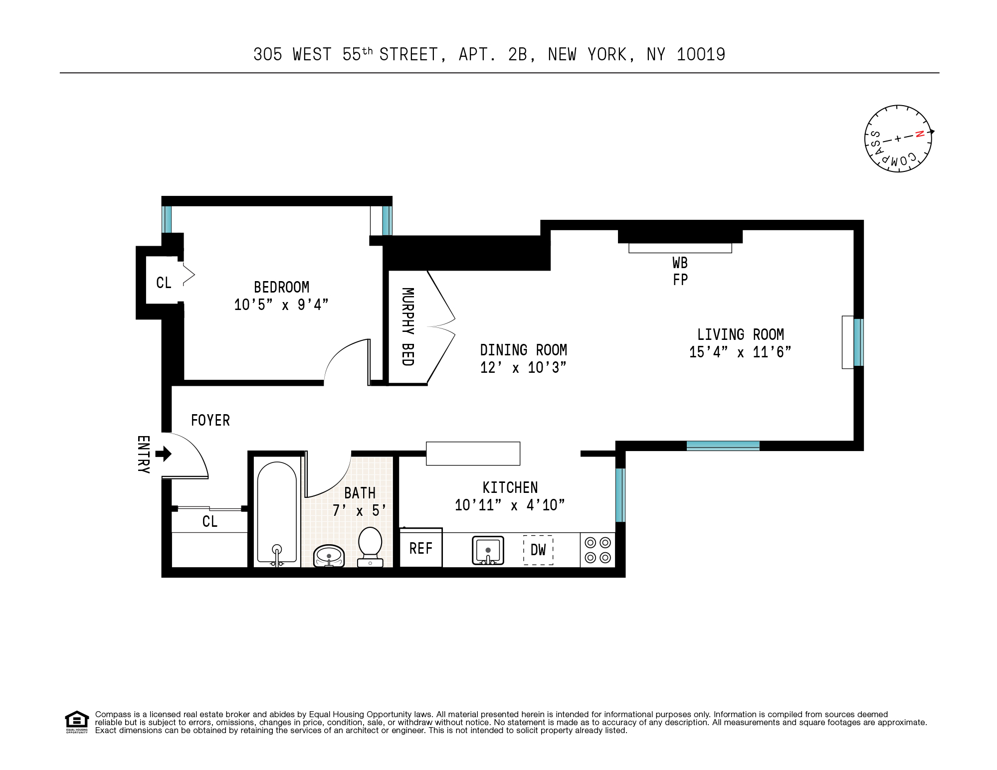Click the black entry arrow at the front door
point(164,454)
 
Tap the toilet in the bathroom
point(370,546)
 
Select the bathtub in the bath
point(277,513)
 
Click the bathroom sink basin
point(329,555)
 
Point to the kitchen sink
point(488,550)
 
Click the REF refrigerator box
point(421,548)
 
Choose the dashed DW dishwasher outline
point(538,550)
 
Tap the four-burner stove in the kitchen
point(598,550)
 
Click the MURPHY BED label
point(408,326)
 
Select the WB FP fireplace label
point(680,271)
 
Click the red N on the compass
point(920,134)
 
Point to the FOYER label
point(210,421)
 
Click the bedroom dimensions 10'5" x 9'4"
point(281,305)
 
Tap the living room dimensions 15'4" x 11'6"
point(740,352)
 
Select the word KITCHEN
point(510,487)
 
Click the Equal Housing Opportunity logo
point(77,722)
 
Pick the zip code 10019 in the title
point(701,54)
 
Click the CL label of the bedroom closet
point(164,283)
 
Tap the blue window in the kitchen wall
point(620,495)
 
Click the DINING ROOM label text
point(523,350)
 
